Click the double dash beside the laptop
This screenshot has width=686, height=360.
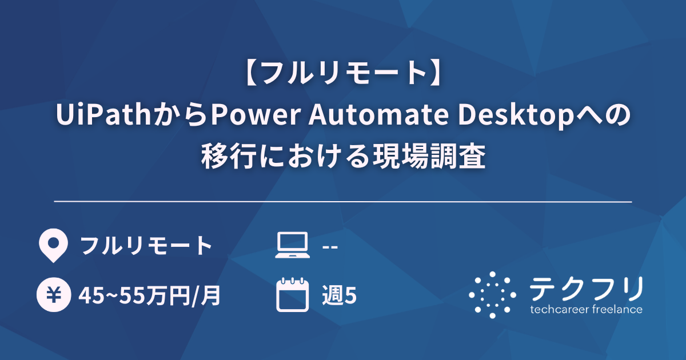330,247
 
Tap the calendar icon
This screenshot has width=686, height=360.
292,294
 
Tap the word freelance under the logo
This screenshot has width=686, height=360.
616,310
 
